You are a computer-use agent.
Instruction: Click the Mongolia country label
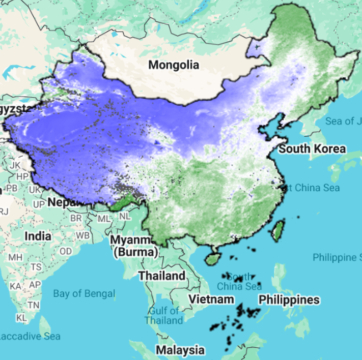(174, 65)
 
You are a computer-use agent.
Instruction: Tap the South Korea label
(312, 149)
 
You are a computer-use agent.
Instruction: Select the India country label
(38, 236)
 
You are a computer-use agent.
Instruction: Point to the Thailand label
(162, 276)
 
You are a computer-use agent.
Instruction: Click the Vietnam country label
(212, 299)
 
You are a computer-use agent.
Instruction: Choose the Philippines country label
(289, 300)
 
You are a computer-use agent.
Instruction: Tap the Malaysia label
(180, 350)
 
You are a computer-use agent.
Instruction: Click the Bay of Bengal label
(84, 293)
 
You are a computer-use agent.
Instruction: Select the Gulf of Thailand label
(164, 315)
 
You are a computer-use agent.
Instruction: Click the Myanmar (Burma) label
(131, 245)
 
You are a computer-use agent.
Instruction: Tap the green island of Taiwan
(277, 231)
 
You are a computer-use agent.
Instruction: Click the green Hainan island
(212, 259)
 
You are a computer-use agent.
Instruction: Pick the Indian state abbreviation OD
(66, 251)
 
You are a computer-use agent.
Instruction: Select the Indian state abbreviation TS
(36, 267)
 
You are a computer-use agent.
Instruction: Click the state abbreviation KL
(21, 318)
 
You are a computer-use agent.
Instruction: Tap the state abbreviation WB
(82, 236)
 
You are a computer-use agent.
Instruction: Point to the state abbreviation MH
(15, 257)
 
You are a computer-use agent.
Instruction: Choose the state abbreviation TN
(33, 305)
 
